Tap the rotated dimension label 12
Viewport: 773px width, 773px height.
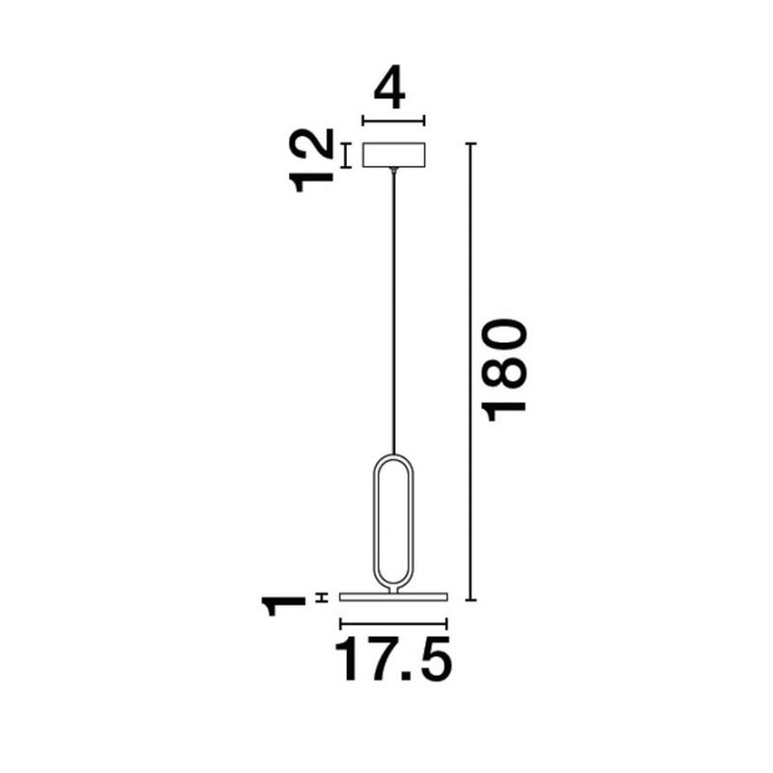(x=311, y=160)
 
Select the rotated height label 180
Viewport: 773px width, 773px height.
(x=506, y=370)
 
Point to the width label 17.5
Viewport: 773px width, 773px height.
(x=393, y=659)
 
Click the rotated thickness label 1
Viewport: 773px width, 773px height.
(x=283, y=606)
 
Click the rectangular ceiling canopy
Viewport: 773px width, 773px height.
(x=394, y=155)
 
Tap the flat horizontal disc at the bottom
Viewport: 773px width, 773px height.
(x=393, y=597)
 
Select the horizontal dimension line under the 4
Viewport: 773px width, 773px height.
(x=393, y=120)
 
